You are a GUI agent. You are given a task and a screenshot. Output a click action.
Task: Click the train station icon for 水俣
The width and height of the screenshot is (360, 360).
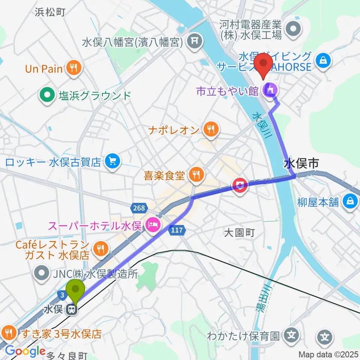point(71,310)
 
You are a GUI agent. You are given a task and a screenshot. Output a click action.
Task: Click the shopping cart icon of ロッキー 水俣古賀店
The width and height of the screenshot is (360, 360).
point(112,162)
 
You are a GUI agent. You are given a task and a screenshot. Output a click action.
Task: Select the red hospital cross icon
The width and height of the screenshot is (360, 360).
point(240,185)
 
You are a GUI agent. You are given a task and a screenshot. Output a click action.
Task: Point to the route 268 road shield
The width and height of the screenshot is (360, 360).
point(138,207)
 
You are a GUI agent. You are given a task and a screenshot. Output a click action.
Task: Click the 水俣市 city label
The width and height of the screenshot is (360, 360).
point(301,163)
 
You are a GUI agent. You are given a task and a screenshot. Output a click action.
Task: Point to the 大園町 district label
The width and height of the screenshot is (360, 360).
point(239,233)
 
